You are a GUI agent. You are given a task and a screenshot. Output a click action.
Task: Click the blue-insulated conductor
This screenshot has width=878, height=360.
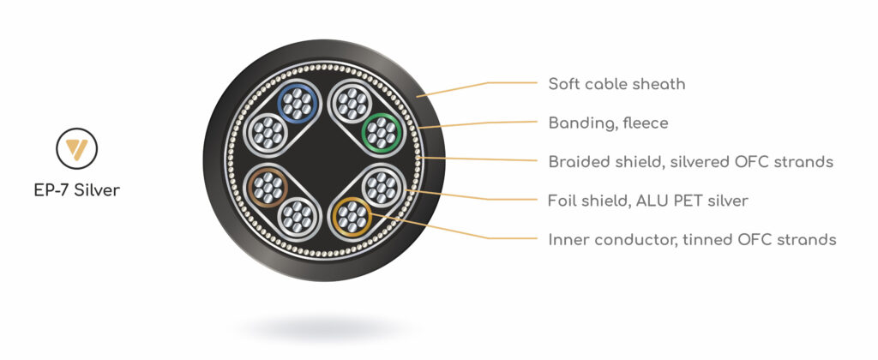298,104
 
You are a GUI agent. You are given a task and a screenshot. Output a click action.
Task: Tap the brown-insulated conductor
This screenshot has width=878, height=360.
268,188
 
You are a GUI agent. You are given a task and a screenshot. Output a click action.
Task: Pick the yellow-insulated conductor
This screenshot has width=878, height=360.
352,217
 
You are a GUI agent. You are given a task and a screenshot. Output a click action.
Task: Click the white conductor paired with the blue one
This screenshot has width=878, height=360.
268,133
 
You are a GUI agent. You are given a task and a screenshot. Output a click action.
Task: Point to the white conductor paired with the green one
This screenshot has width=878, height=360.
352,103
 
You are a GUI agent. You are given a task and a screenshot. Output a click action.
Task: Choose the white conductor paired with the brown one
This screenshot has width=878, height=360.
298,217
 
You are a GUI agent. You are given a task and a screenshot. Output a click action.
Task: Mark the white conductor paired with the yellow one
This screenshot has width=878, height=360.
382,188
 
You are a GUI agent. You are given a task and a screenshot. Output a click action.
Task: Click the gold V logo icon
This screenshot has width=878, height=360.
76,148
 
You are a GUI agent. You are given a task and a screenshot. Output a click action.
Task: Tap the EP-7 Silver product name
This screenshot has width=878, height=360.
76,190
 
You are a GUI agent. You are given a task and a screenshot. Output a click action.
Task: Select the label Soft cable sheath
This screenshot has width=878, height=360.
616,85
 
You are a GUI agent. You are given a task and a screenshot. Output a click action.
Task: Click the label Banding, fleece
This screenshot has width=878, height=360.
608,123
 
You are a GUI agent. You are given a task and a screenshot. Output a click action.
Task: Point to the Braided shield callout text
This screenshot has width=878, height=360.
691,162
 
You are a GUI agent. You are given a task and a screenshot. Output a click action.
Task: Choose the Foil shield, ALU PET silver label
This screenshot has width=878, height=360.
648,201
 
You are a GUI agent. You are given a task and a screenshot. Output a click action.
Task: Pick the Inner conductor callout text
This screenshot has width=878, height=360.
692,240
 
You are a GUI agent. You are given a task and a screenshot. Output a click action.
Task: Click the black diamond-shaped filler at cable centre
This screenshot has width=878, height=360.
325,160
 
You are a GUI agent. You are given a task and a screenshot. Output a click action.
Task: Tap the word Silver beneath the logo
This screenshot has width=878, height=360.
97,190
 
